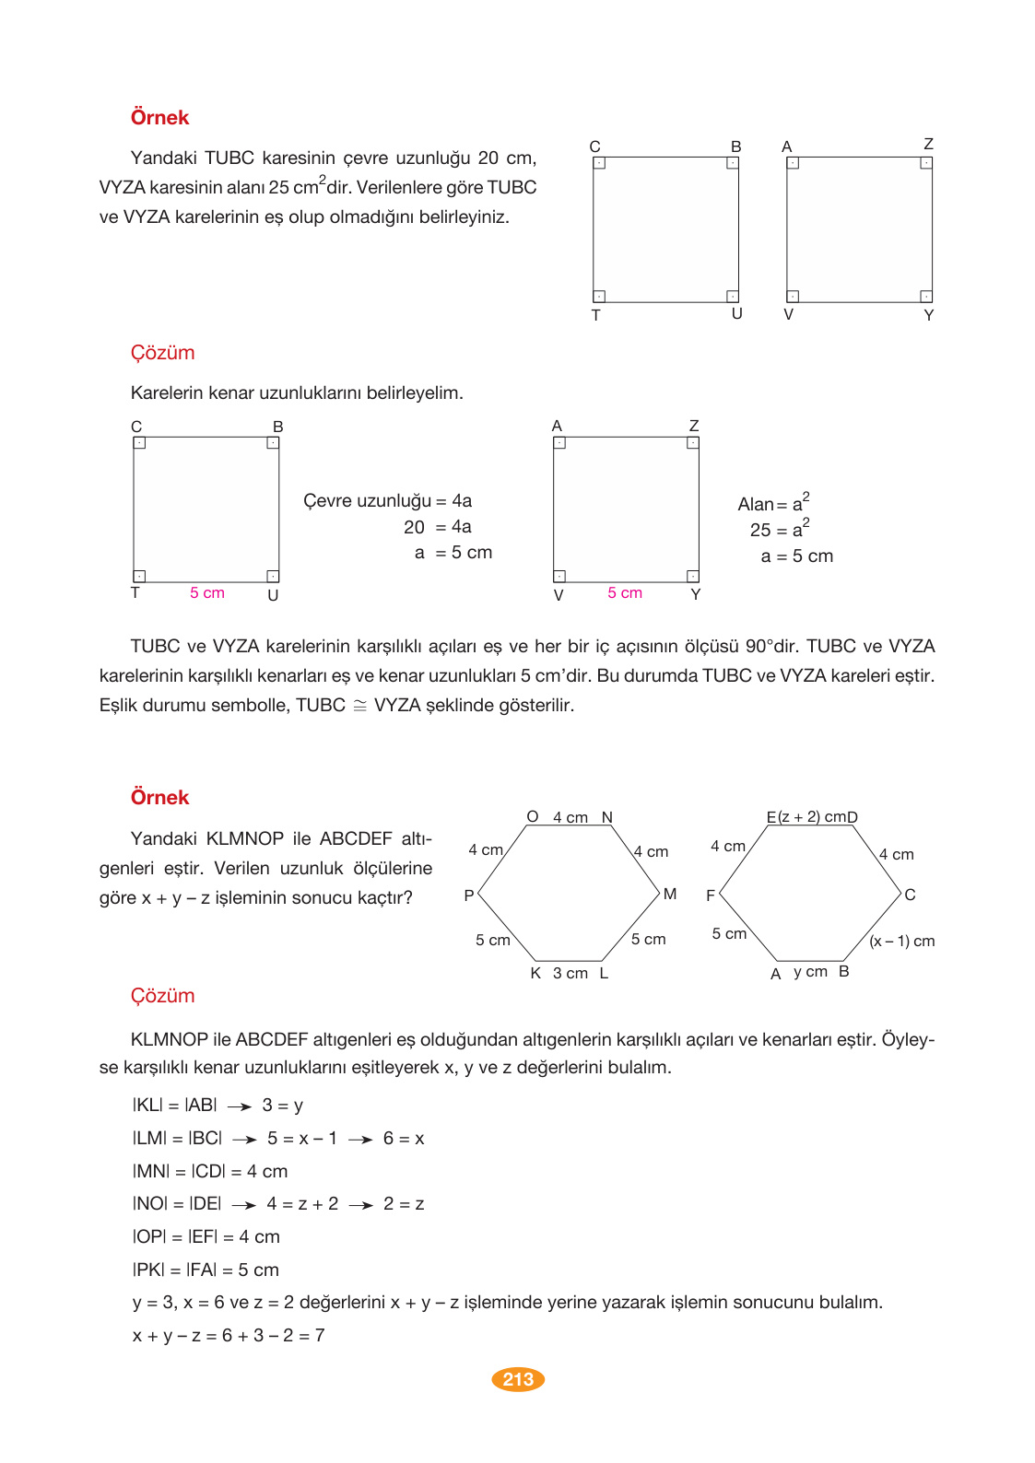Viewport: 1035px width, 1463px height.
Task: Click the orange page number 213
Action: click(x=518, y=1379)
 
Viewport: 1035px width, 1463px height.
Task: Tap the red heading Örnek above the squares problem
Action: click(x=159, y=118)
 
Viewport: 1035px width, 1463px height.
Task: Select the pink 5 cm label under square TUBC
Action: click(x=207, y=593)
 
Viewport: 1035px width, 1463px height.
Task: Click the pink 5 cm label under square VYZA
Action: click(x=625, y=593)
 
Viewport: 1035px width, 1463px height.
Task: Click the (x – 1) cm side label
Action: click(x=901, y=941)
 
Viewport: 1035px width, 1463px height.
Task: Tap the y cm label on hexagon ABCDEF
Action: click(x=810, y=972)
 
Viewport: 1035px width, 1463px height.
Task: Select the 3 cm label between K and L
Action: click(x=570, y=974)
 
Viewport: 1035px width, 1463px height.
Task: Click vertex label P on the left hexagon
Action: click(x=469, y=895)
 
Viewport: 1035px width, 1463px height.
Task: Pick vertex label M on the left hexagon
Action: click(x=670, y=894)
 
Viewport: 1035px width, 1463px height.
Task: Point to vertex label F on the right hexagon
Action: click(x=711, y=895)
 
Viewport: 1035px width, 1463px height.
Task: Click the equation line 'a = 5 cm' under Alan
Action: click(x=796, y=556)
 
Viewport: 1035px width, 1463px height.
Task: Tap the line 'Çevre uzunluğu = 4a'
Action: click(x=387, y=501)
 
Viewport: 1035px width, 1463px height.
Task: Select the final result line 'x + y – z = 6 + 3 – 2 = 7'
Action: click(x=229, y=1336)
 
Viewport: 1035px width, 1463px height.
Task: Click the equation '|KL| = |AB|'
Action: click(x=175, y=1106)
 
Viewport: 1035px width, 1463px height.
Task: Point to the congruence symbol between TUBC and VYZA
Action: click(x=359, y=706)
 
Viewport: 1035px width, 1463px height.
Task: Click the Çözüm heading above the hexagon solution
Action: click(x=162, y=996)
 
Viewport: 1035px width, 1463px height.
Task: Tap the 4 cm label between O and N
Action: click(x=570, y=818)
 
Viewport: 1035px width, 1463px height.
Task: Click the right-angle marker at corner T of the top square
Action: click(x=599, y=297)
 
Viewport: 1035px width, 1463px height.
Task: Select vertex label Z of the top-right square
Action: click(x=928, y=144)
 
